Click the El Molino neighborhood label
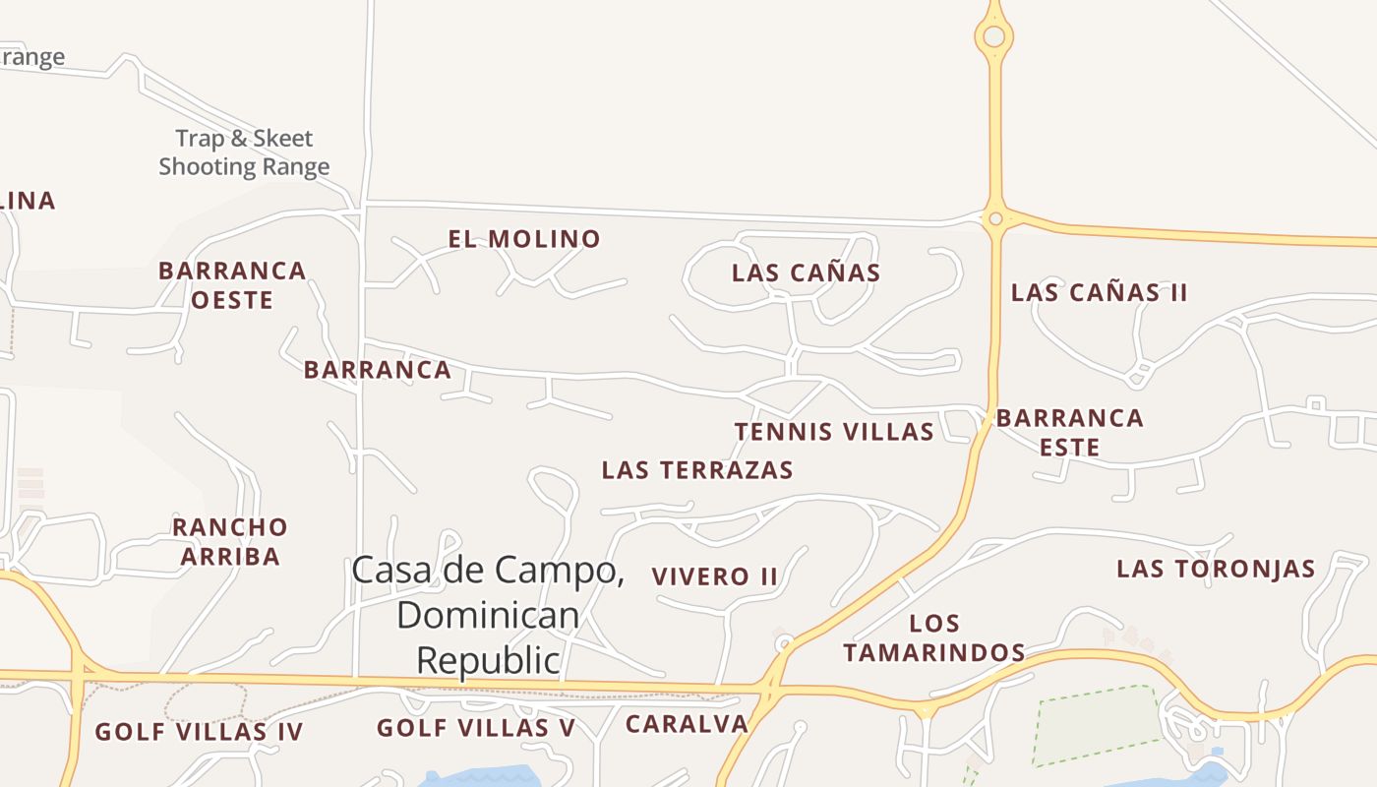tap(523, 239)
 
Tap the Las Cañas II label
tap(1099, 292)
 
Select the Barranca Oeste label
tap(232, 285)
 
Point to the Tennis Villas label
tap(834, 432)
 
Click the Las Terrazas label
tap(696, 470)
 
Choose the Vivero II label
tap(715, 576)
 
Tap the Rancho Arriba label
tap(230, 542)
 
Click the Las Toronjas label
tap(1216, 569)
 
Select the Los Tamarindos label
tap(934, 637)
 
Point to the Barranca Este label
tap(1069, 432)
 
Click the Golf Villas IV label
tap(199, 732)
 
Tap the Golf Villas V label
tap(475, 728)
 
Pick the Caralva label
tap(687, 724)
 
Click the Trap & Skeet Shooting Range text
tap(244, 152)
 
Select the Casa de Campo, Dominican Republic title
tap(488, 615)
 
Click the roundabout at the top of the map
tap(994, 36)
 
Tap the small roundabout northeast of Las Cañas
tap(995, 218)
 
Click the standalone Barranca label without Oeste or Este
tap(377, 370)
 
